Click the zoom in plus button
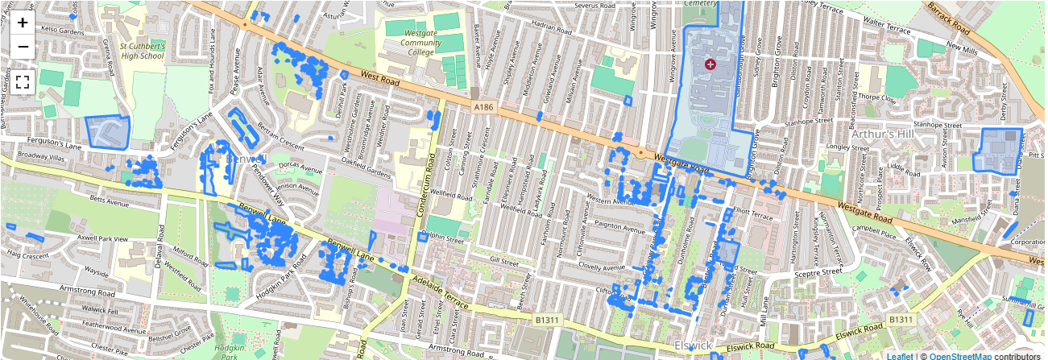23,23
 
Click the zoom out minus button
23,46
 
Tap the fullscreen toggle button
23,81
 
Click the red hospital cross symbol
710,64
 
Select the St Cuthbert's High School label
142,52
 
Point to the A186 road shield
483,106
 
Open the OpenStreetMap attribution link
959,355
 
